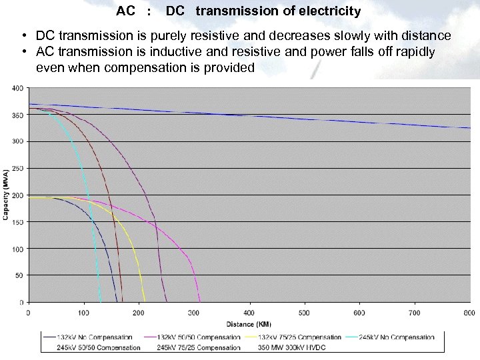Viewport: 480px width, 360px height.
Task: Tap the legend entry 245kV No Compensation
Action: click(x=397, y=338)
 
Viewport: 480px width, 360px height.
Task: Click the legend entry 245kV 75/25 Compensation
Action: click(x=198, y=347)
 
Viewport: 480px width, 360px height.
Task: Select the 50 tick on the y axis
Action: click(x=19, y=275)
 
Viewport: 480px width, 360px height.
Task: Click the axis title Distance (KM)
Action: click(x=249, y=324)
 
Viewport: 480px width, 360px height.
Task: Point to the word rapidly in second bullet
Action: click(x=413, y=52)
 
